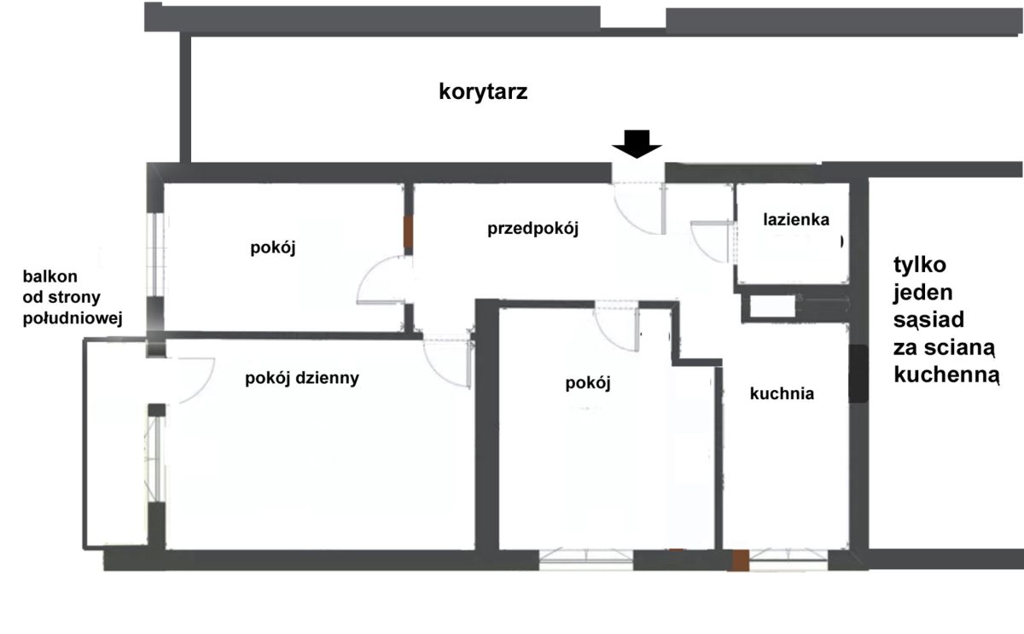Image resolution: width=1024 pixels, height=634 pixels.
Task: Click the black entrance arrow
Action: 637,143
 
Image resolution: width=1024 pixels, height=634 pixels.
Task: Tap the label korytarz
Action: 483,91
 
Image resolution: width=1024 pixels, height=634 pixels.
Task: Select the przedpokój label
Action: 533,228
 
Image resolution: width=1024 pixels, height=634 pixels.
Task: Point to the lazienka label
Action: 796,219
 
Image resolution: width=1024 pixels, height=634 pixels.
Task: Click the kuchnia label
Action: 783,393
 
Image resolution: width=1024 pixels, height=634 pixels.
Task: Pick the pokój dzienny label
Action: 302,379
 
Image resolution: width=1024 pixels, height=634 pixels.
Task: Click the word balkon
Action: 50,276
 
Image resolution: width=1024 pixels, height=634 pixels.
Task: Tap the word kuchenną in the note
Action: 946,375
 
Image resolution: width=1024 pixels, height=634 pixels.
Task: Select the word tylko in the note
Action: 920,265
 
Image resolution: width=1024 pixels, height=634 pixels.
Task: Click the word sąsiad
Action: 929,320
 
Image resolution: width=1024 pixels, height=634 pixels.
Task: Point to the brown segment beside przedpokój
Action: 408,232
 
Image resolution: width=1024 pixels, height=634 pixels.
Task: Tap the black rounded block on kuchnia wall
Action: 858,374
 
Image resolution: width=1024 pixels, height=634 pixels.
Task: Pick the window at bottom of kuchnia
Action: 788,561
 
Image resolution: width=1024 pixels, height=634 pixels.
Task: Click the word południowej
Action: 73,318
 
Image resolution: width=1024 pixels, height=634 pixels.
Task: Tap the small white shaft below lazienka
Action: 772,306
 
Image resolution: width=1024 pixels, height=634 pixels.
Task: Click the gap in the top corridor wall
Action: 633,18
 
